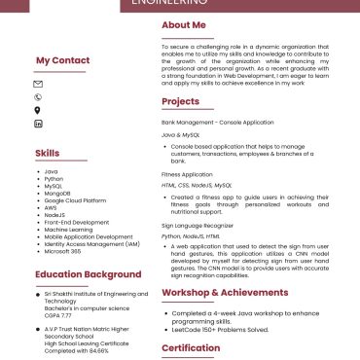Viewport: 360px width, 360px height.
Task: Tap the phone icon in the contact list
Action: click(x=38, y=96)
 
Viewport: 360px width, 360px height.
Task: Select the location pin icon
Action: click(x=38, y=110)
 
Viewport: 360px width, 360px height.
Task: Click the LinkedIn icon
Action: click(x=38, y=124)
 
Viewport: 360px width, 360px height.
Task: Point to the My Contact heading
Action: click(x=62, y=60)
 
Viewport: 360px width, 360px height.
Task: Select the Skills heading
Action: click(x=47, y=153)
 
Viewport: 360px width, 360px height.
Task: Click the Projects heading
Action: click(x=180, y=101)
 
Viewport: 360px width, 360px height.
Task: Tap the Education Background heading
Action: click(x=76, y=274)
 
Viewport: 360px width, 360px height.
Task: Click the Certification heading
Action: click(x=191, y=347)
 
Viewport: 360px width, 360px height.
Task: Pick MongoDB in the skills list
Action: click(x=59, y=193)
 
